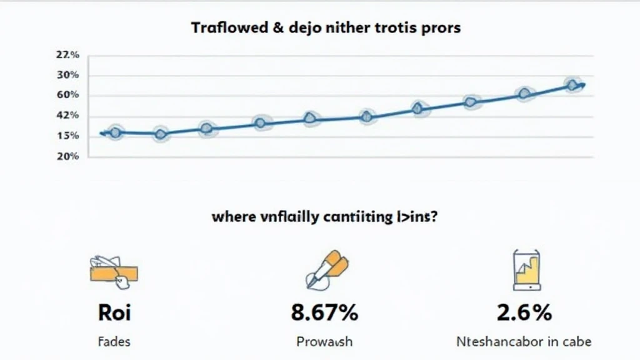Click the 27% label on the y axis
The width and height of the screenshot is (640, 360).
(x=68, y=55)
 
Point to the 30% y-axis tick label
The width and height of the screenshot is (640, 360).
(x=68, y=75)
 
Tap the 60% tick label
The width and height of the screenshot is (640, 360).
(x=68, y=95)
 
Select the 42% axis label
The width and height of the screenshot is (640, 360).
(x=68, y=115)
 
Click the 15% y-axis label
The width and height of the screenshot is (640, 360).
(x=68, y=136)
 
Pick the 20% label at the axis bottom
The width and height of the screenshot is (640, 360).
(x=68, y=156)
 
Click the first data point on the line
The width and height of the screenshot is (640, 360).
(x=115, y=132)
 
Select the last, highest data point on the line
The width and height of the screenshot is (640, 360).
(x=572, y=85)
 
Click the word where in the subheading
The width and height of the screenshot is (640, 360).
(x=233, y=217)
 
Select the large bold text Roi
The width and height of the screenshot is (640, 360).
(x=114, y=312)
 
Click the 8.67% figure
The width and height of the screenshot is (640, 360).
(x=324, y=312)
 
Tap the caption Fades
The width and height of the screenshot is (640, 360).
(x=114, y=342)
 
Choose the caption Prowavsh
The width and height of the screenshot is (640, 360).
(x=324, y=342)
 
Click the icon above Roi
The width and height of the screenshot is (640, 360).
(x=113, y=271)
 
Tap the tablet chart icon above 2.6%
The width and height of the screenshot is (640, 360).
(x=526, y=270)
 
